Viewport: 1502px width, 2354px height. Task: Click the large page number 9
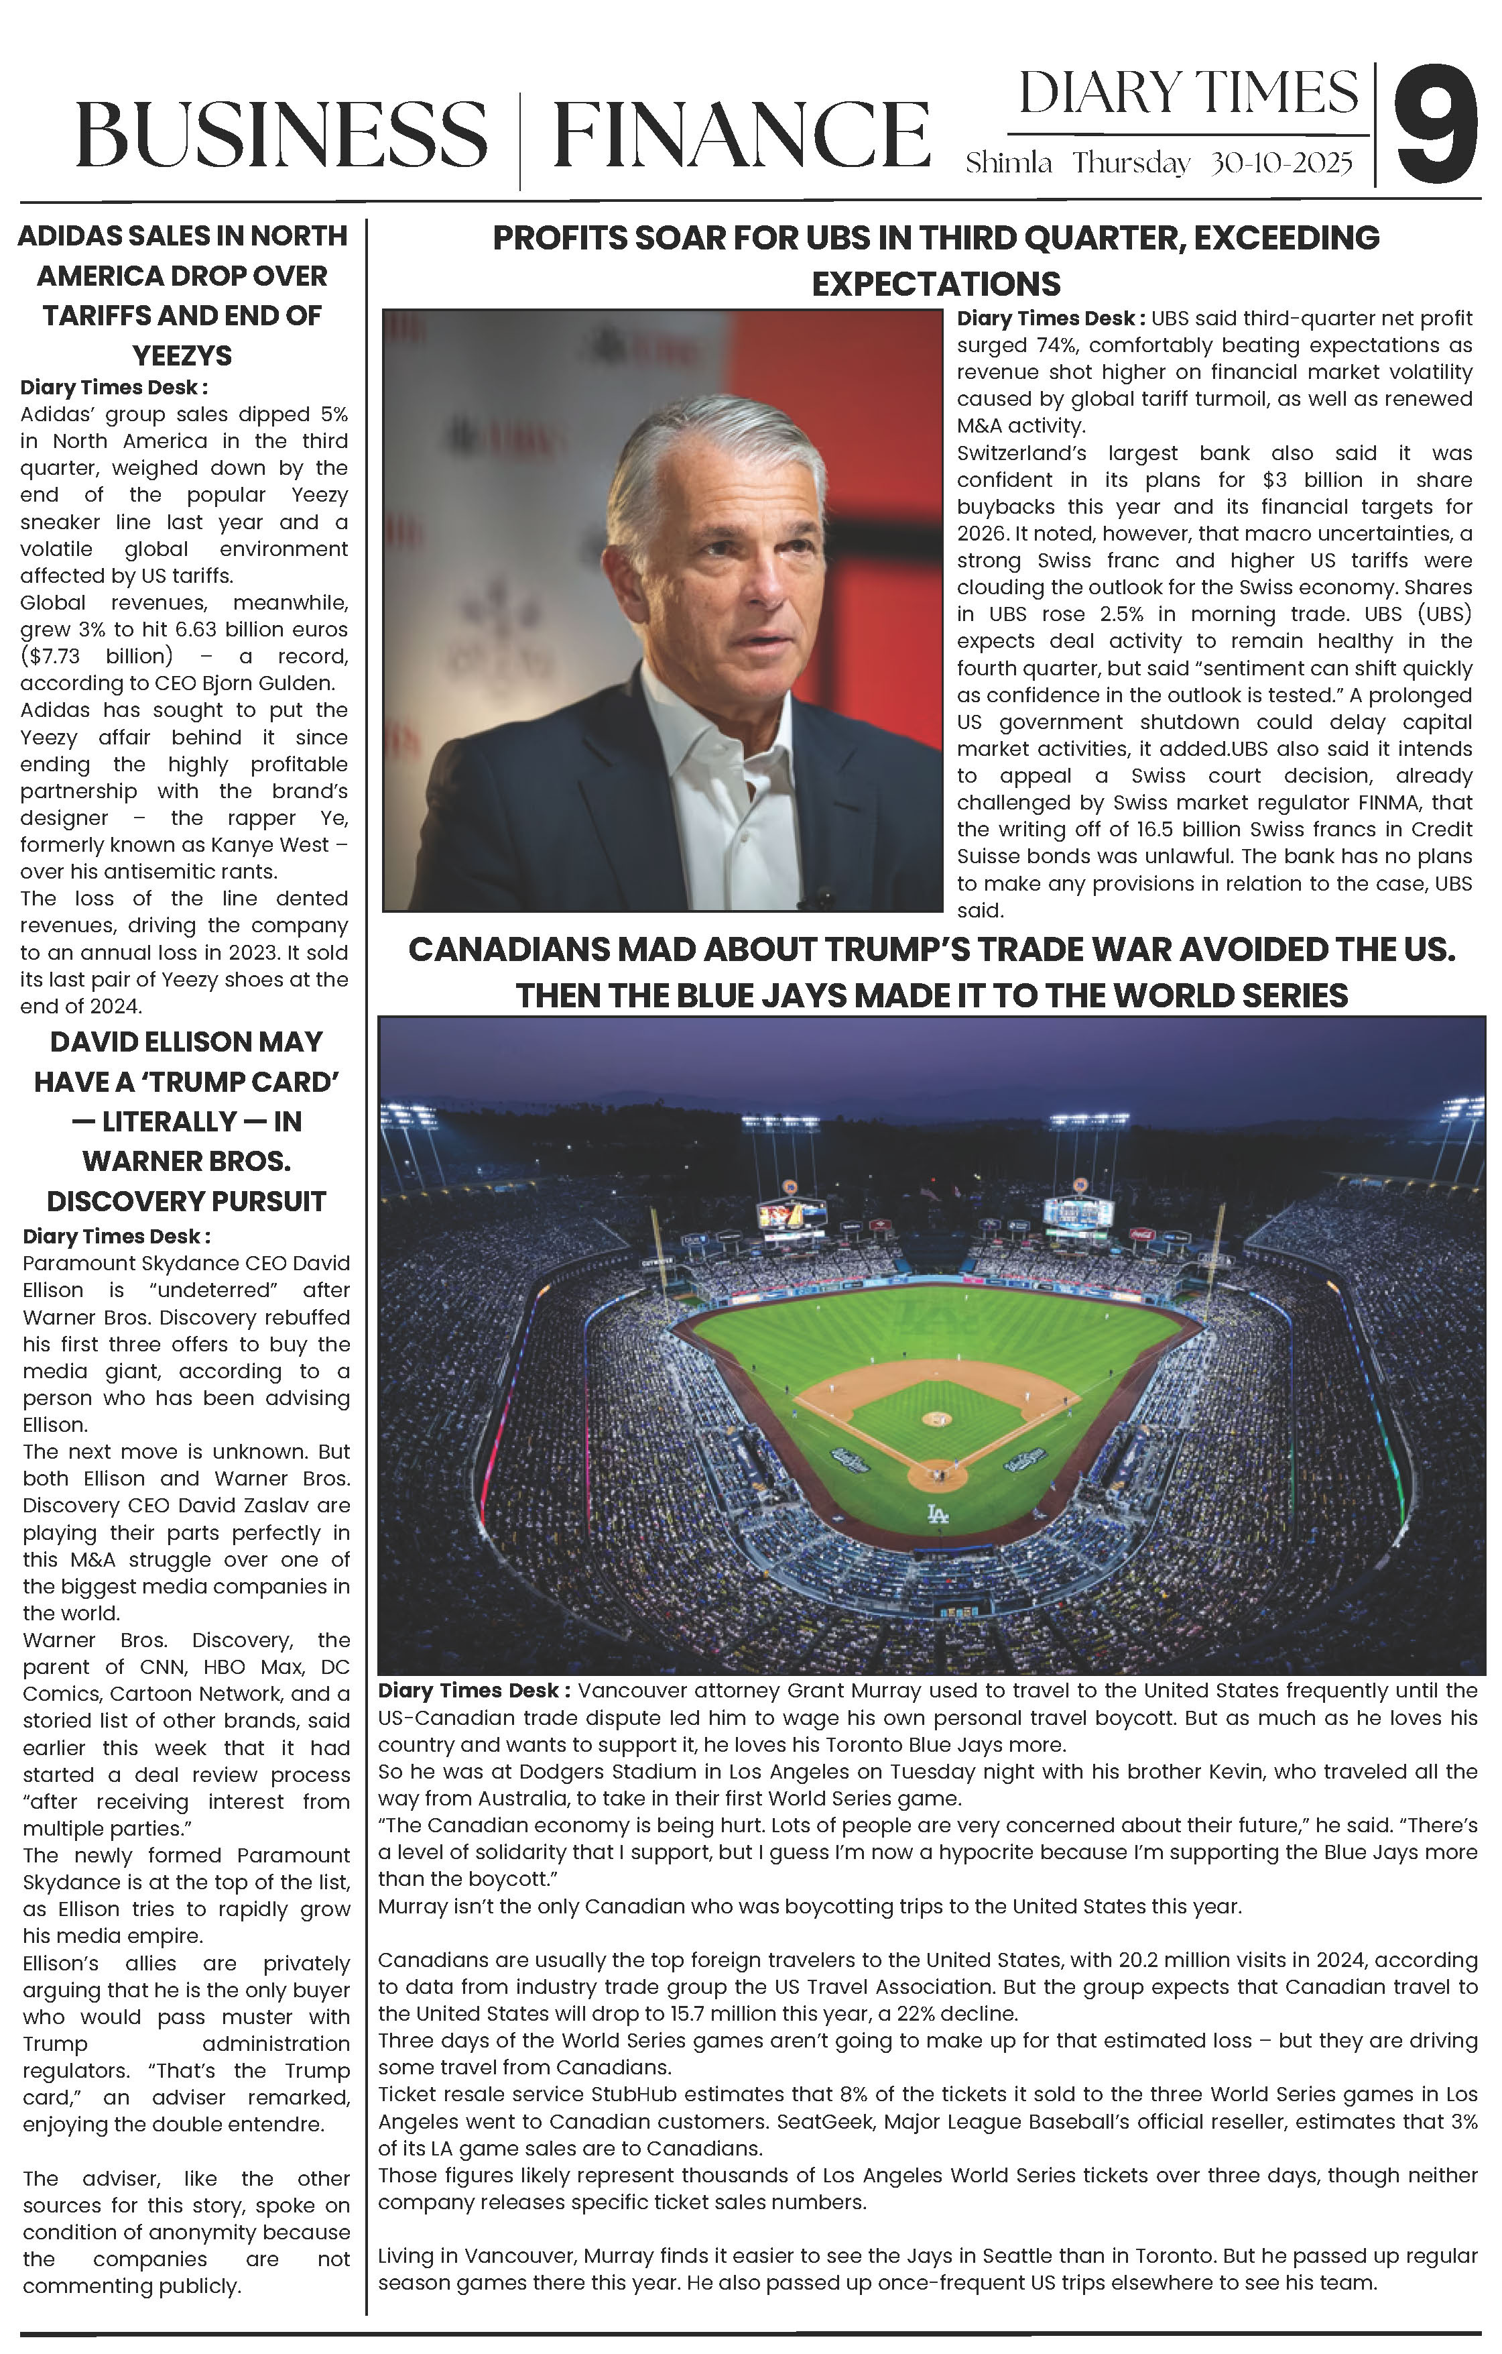pyautogui.click(x=1434, y=125)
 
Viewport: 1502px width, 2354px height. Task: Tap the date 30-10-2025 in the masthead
pyautogui.click(x=1281, y=163)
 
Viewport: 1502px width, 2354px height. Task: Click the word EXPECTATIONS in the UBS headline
pyautogui.click(x=936, y=284)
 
